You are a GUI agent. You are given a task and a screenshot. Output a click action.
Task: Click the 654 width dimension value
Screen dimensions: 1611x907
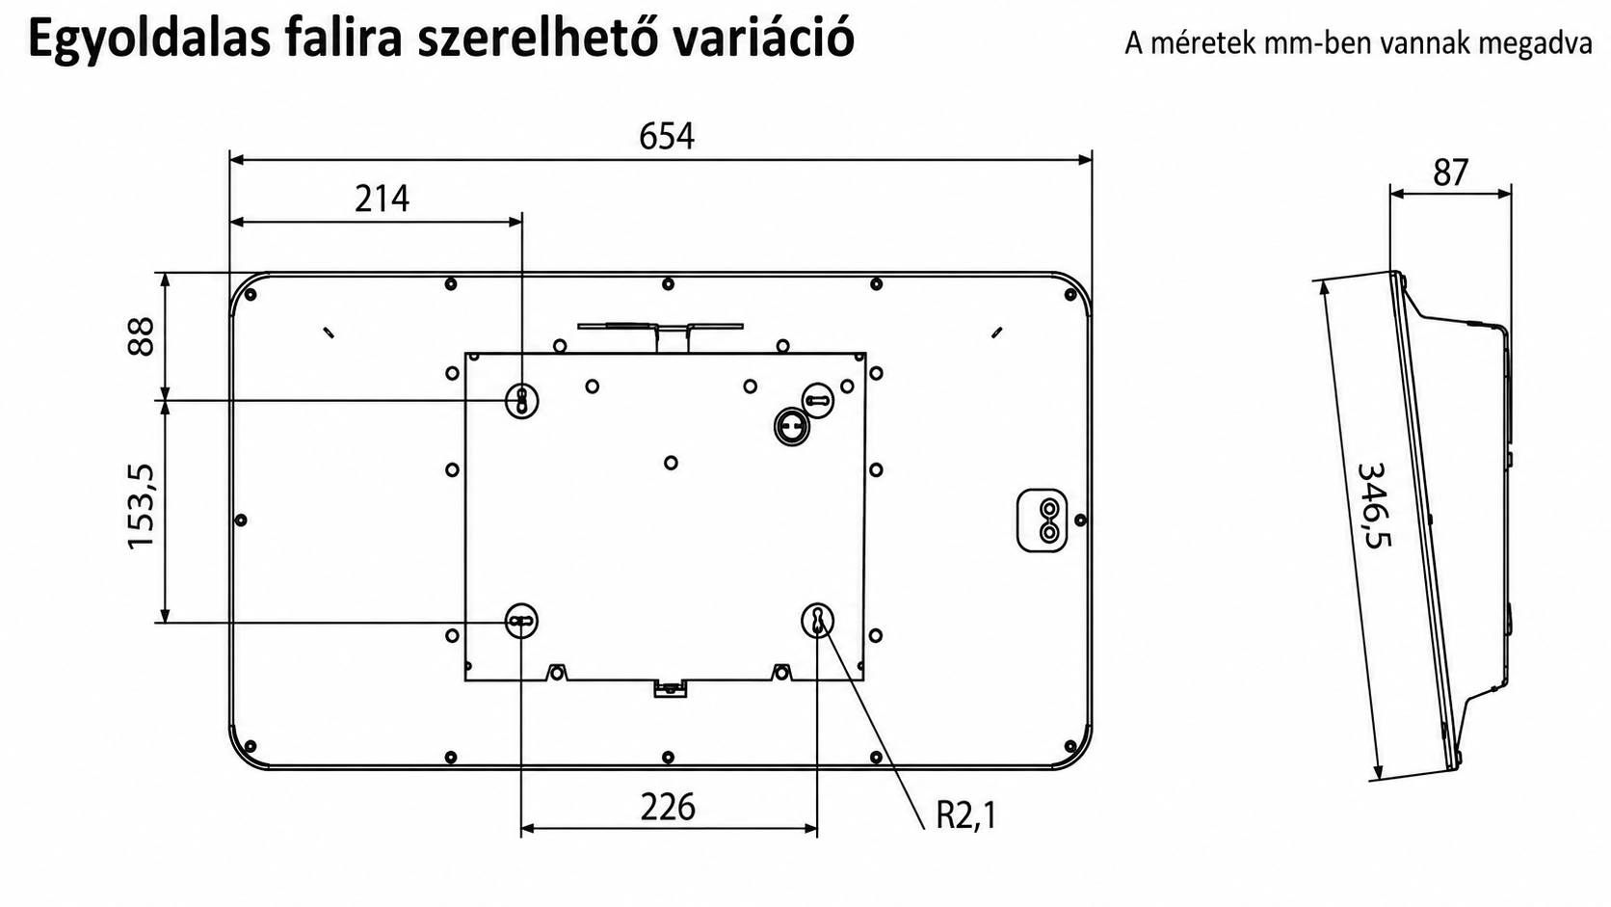(667, 136)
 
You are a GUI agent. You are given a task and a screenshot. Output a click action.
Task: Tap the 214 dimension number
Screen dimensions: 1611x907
(382, 199)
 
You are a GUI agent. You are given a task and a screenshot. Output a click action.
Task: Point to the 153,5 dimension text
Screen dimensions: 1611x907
(141, 507)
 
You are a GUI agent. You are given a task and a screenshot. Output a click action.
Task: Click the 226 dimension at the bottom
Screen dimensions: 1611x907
(668, 807)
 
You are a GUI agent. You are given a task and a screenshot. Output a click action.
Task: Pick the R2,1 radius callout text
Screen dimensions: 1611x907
(965, 814)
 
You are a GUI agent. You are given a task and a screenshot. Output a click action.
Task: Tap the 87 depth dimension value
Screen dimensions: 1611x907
(1450, 173)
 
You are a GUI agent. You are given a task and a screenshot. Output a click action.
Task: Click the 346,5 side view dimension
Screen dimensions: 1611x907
(1375, 505)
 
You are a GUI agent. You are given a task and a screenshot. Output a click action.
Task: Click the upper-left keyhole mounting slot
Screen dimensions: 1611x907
(522, 400)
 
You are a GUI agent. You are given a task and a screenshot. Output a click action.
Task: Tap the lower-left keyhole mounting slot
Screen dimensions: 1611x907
(521, 621)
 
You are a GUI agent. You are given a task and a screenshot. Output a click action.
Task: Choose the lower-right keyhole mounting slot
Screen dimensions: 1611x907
(818, 620)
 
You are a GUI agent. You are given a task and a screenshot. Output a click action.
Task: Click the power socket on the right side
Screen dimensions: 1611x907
(1042, 520)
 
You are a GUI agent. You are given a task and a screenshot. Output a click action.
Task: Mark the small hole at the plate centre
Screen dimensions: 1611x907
(671, 463)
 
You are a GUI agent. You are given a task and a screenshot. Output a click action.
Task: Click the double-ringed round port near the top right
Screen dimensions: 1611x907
(792, 427)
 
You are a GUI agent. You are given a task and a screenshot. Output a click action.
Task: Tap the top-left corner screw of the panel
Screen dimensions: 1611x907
(251, 294)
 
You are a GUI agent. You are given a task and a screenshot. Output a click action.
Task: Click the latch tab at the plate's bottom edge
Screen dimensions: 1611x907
(671, 688)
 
